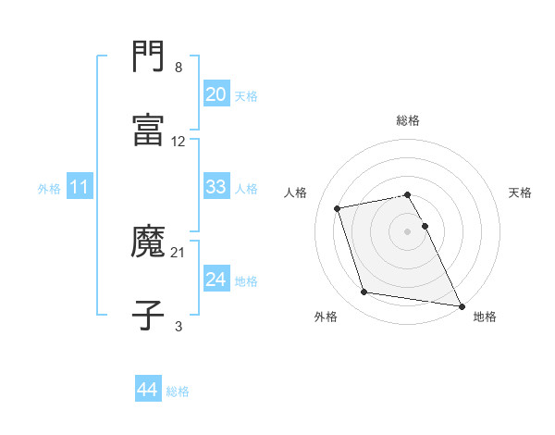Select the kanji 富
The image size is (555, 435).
148,130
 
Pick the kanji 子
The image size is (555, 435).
148,315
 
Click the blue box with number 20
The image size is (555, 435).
216,94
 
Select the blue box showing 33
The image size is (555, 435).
216,187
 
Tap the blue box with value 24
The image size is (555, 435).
216,280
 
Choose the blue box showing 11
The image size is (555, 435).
80,187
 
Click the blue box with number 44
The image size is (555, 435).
147,390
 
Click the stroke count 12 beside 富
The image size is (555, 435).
179,142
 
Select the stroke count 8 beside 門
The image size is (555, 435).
179,68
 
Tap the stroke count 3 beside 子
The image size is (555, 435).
179,326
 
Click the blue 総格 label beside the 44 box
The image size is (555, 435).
178,391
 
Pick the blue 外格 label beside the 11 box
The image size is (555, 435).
49,189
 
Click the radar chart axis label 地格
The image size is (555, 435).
485,317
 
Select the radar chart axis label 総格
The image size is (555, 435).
408,120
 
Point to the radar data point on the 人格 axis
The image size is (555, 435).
338,207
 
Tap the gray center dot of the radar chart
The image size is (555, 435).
408,230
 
